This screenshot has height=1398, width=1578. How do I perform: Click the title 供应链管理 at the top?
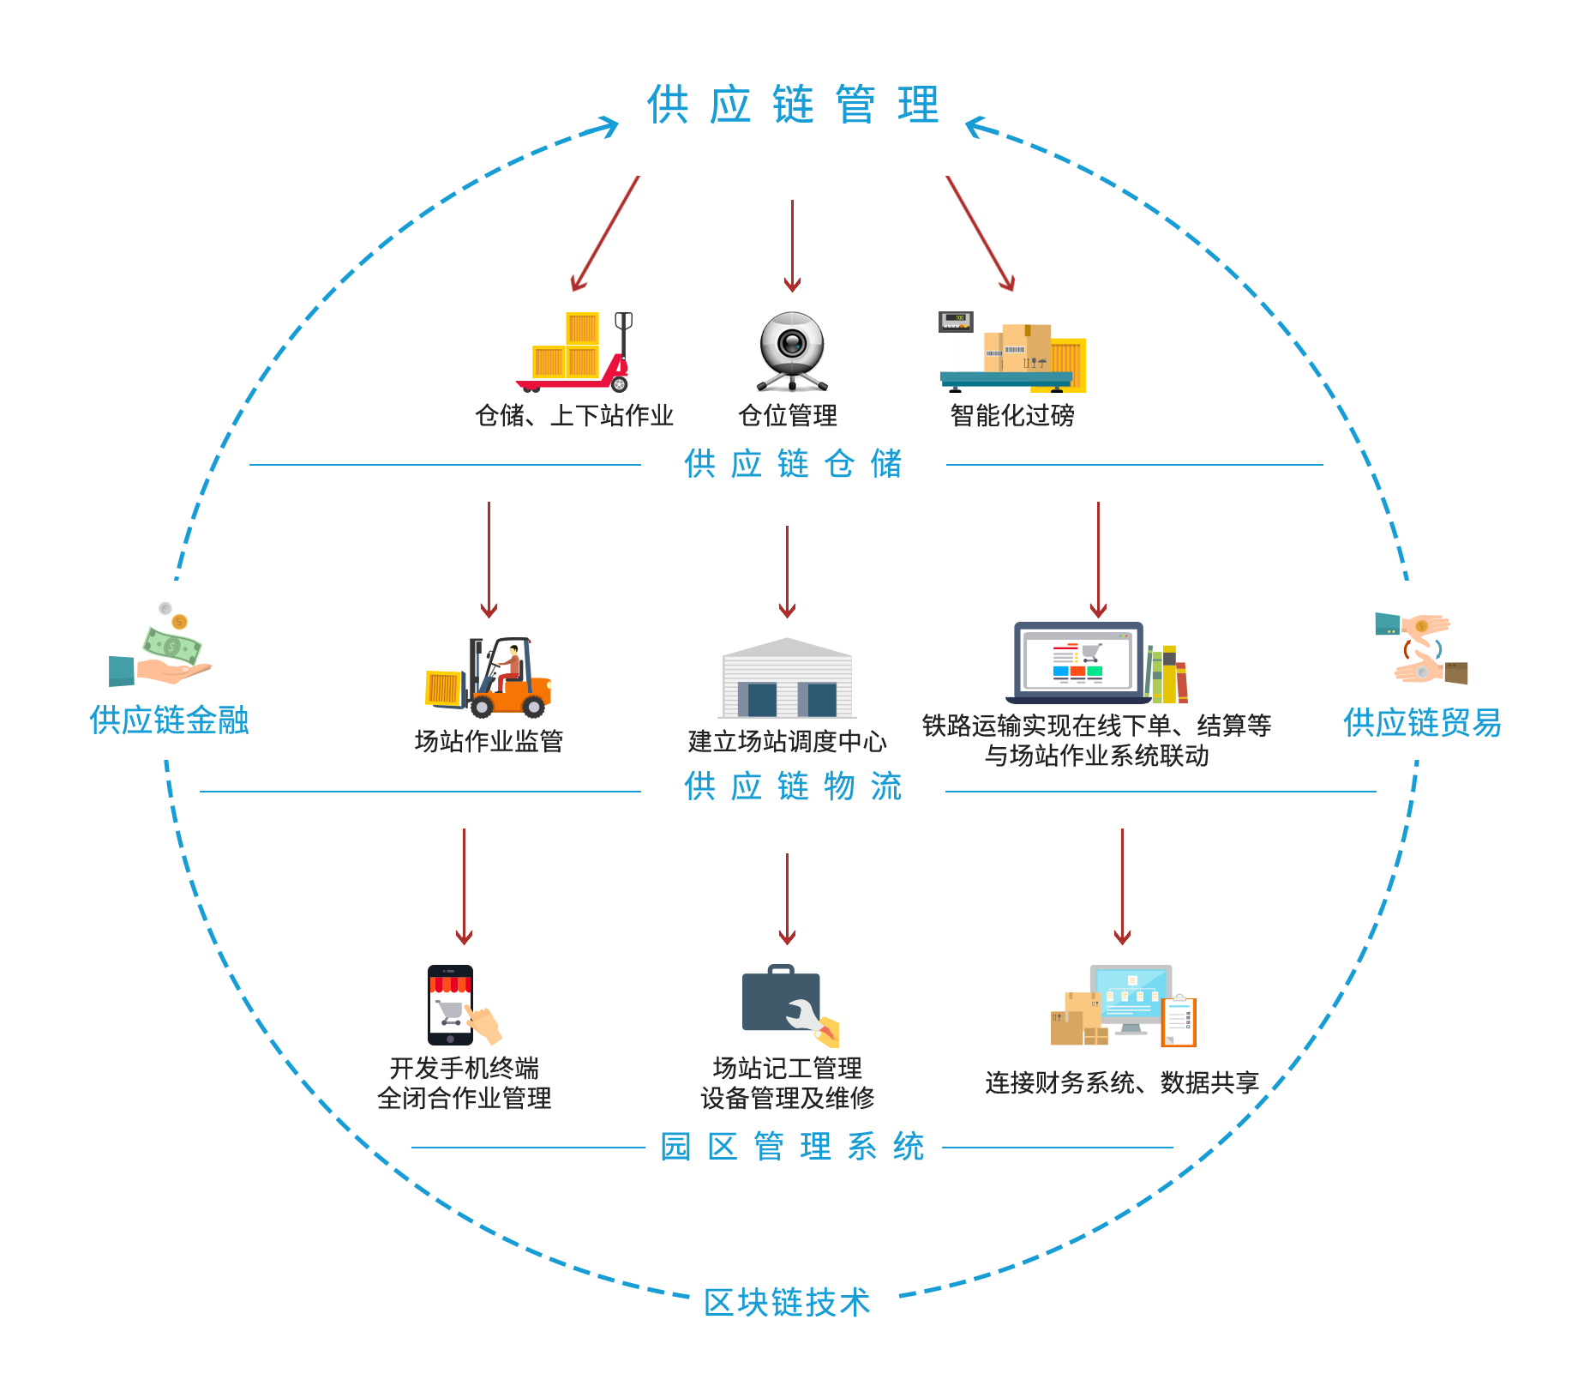pyautogui.click(x=793, y=105)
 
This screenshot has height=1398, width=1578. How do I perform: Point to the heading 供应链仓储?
pyautogui.click(x=793, y=464)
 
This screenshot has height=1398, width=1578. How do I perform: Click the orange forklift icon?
pyautogui.click(x=490, y=678)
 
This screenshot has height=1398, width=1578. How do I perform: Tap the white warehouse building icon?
pyautogui.click(x=787, y=678)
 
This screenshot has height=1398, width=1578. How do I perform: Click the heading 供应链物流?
pyautogui.click(x=793, y=786)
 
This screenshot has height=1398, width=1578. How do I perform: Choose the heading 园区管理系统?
pyautogui.click(x=793, y=1147)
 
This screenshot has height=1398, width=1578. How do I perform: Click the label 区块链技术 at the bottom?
pyautogui.click(x=787, y=1302)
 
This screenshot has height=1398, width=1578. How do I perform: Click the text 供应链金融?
pyautogui.click(x=169, y=720)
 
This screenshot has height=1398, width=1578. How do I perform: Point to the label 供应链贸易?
pyautogui.click(x=1422, y=723)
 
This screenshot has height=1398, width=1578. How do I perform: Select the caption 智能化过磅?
pyautogui.click(x=1012, y=416)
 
